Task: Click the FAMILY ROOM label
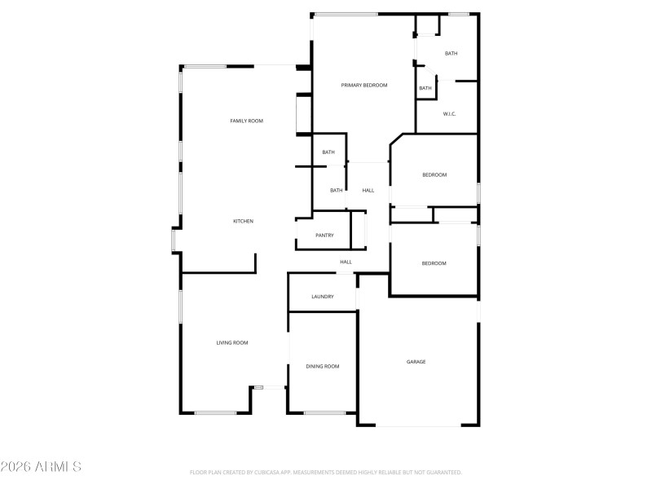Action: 246,121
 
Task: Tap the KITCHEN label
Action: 244,222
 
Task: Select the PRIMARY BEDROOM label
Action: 363,85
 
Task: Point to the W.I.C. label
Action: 449,113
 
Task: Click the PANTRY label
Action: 325,236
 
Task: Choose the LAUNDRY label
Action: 323,297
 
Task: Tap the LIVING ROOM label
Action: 232,343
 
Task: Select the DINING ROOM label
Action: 323,367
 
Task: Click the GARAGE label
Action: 416,362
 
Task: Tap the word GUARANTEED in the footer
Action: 443,473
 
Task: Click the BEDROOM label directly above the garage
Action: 434,263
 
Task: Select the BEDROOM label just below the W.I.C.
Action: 434,175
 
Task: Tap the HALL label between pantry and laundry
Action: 346,262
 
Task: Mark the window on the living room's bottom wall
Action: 215,412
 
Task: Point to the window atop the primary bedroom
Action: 346,14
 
